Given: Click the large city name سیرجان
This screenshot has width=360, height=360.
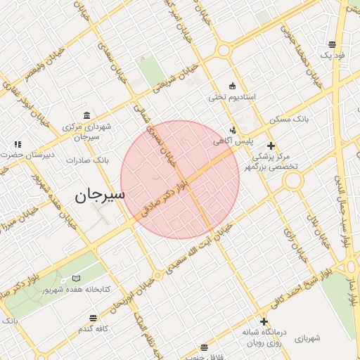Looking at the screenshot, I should (x=99, y=195).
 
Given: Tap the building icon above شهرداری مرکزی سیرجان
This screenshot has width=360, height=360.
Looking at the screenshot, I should (x=86, y=116).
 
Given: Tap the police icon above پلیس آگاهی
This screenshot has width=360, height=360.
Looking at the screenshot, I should (x=233, y=129).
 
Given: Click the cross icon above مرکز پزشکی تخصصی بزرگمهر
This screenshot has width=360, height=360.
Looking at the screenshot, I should (x=271, y=146).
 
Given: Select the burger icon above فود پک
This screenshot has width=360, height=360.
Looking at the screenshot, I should (x=332, y=44).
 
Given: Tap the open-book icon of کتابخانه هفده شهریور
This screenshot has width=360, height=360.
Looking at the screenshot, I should (x=75, y=278).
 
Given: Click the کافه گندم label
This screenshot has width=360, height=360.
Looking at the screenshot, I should (x=96, y=329).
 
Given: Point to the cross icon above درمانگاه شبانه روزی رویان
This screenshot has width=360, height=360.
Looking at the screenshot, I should (x=264, y=321).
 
